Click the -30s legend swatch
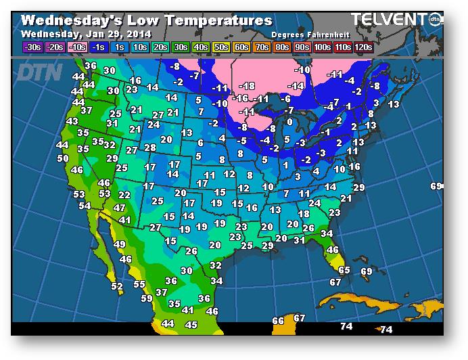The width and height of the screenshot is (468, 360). [x=32, y=47]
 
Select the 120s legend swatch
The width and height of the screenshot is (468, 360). [x=363, y=47]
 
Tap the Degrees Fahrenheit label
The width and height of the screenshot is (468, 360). [x=306, y=34]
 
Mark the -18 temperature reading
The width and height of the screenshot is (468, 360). [x=247, y=85]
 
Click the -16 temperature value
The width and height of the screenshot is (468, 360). [x=240, y=99]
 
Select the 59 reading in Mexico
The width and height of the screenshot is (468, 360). [x=147, y=298]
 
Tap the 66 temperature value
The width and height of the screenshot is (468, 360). [x=278, y=321]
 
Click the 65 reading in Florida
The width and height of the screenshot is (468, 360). [x=344, y=270]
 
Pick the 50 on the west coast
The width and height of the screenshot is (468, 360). [x=63, y=158]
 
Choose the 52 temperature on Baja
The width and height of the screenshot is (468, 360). [x=117, y=287]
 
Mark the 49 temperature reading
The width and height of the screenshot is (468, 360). [x=120, y=244]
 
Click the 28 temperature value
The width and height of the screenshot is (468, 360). [x=150, y=148]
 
